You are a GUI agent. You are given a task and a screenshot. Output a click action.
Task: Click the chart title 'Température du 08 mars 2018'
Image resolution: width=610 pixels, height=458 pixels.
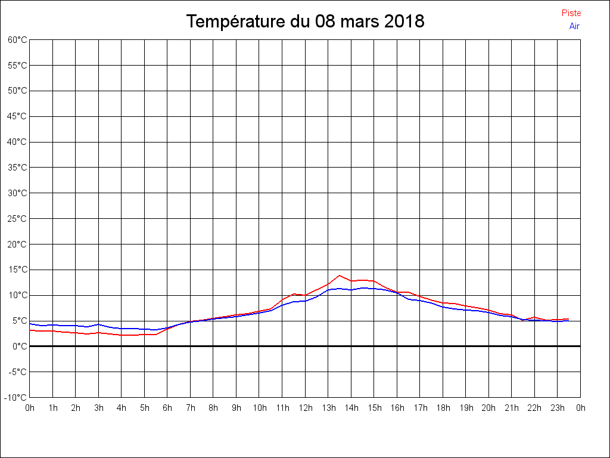pos(305,21)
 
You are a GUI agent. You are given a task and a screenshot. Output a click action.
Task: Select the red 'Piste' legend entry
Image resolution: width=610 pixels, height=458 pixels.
pos(571,13)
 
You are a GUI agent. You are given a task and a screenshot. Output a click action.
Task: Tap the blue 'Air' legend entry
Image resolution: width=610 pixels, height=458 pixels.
pos(574,26)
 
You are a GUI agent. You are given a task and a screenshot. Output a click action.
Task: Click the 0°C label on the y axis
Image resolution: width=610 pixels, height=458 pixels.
pos(20,346)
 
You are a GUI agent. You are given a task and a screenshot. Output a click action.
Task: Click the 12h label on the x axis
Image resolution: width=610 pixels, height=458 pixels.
pos(306,409)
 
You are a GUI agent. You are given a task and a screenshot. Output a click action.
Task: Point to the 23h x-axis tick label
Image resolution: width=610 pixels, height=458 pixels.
pos(558,409)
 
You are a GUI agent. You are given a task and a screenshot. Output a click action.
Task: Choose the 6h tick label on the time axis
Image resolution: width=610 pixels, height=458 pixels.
pos(167,409)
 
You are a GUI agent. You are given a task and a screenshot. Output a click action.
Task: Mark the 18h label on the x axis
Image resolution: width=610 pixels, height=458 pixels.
pos(443,409)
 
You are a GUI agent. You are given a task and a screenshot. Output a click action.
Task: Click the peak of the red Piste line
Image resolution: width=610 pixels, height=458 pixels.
pos(340,276)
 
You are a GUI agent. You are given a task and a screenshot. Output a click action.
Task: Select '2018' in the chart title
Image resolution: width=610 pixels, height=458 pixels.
pos(404,21)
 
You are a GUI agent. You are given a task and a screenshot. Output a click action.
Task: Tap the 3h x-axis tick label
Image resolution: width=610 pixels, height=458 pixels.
pos(98,409)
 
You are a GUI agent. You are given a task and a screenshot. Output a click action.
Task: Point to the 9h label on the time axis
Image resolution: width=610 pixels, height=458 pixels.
pos(236,409)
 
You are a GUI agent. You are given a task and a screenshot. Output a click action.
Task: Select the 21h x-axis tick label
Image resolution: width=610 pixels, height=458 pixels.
pos(512,409)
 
